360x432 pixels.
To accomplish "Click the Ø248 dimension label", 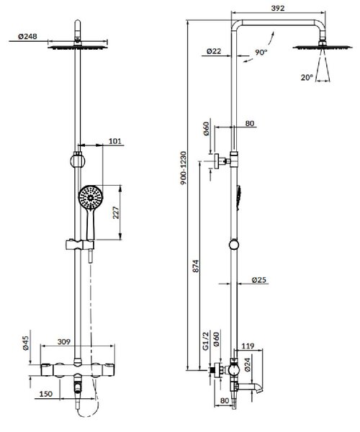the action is [x=27, y=37].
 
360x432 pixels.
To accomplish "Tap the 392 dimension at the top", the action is [x=278, y=8].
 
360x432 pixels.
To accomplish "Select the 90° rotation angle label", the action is [x=261, y=53].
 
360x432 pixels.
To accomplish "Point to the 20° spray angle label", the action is [x=307, y=78].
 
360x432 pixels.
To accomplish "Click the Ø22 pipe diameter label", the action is [x=214, y=51].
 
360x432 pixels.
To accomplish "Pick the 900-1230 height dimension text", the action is [x=184, y=168].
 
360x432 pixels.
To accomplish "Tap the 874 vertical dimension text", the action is [x=195, y=266].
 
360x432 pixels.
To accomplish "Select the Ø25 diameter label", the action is [x=259, y=280].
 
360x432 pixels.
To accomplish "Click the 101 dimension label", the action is [x=115, y=141].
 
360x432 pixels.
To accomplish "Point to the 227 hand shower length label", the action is [x=116, y=212].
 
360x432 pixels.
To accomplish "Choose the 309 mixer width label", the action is [x=64, y=341].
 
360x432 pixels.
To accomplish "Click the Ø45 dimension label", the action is [x=26, y=343].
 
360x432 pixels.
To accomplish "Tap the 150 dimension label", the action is [x=45, y=394].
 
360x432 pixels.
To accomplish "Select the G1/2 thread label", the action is [x=206, y=341].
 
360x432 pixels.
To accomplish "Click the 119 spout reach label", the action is [x=248, y=346].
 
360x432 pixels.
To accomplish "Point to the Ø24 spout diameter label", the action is [x=247, y=364].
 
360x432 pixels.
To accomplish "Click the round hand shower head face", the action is [x=91, y=197].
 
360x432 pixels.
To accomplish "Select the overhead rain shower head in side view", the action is [x=323, y=47].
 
